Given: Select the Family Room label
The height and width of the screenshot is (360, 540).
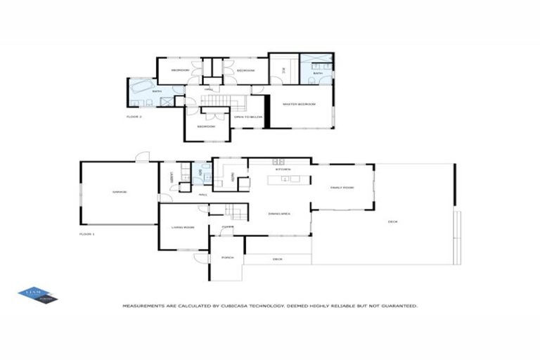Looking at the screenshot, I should pyautogui.click(x=342, y=187).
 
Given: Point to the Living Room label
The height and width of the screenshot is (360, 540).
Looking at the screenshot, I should pyautogui.click(x=182, y=227).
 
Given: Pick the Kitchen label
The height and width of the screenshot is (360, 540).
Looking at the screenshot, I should pyautogui.click(x=283, y=169).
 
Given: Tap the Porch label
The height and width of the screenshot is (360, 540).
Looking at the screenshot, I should pyautogui.click(x=227, y=258).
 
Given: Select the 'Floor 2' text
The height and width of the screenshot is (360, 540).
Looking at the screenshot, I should pyautogui.click(x=134, y=117).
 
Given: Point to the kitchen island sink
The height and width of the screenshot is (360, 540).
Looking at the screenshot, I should pyautogui.click(x=286, y=179).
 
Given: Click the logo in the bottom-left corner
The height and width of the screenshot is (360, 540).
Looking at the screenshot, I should pyautogui.click(x=37, y=295).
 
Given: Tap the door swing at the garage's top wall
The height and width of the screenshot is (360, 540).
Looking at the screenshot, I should pyautogui.click(x=143, y=157).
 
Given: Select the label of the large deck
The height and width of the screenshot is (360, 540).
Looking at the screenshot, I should pyautogui.click(x=392, y=222).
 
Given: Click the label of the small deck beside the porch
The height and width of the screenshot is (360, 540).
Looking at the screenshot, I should pyautogui.click(x=277, y=259).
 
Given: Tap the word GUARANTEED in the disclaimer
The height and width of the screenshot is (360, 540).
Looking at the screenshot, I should pyautogui.click(x=399, y=306).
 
